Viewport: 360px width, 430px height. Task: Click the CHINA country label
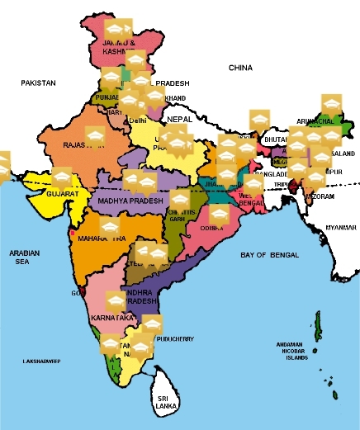240,67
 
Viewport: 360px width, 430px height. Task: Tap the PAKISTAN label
38,83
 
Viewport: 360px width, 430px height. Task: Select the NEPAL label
179,119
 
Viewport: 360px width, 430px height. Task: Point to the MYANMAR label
339,227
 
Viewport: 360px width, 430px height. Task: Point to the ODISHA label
211,229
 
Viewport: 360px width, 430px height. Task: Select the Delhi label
138,120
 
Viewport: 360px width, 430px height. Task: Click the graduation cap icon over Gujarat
63,178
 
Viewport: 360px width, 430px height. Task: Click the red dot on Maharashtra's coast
73,234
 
